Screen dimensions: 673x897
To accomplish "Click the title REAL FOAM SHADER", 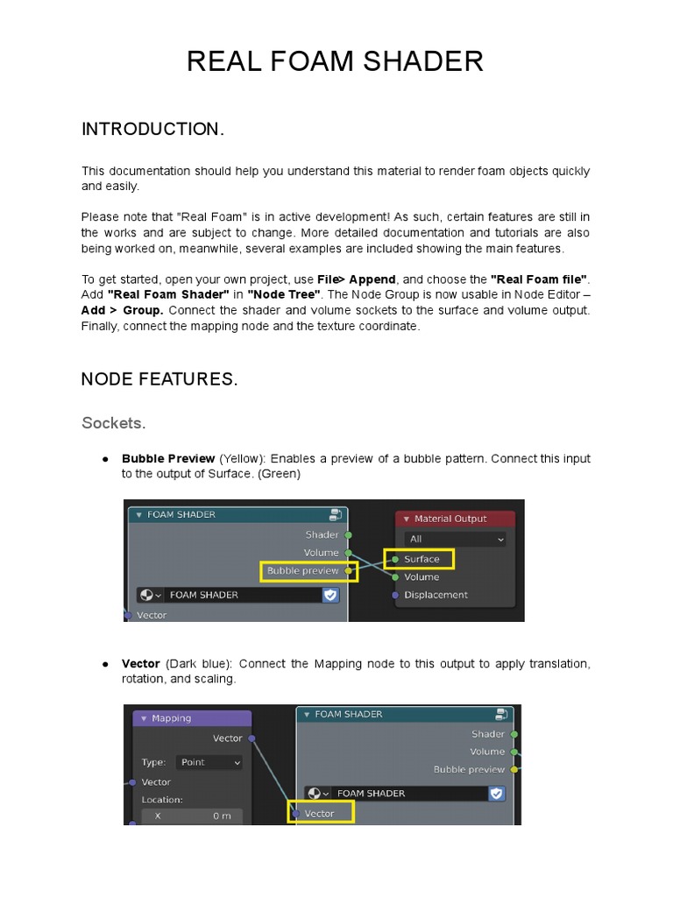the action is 336,61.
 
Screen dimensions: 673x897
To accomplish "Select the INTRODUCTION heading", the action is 153,130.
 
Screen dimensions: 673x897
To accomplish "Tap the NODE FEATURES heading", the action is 159,379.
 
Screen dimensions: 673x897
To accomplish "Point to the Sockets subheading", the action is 113,423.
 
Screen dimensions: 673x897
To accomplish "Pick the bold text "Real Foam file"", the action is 540,279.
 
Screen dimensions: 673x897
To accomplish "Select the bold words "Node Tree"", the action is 285,295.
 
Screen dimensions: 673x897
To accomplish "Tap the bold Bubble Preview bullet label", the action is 168,458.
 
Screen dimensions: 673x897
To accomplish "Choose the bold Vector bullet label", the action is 140,664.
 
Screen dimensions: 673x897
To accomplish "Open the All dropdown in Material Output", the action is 455,539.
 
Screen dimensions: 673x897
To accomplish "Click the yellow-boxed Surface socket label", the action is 421,559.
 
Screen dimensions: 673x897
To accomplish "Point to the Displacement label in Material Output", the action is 436,595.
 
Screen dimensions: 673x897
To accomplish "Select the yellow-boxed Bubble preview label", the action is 303,571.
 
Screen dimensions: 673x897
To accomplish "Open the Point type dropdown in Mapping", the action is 209,762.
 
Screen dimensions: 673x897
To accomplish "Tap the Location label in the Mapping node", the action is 162,800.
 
